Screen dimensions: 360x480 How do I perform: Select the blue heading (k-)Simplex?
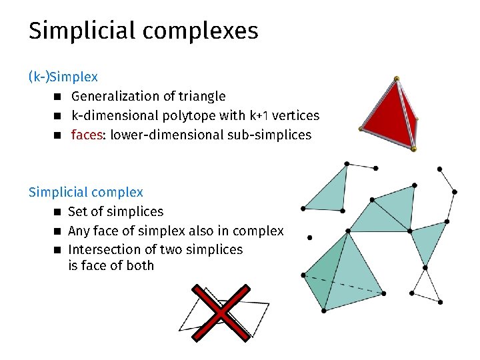tap(63, 77)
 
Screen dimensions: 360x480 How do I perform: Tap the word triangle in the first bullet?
tap(201, 97)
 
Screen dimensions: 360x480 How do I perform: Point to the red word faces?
tap(87, 135)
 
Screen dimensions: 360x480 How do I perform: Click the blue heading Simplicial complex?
tap(85, 192)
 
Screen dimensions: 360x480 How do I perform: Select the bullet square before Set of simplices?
tap(58, 212)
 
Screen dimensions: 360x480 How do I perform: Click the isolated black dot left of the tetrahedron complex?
tap(310, 237)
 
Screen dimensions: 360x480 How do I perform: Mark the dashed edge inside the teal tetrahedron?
tap(343, 284)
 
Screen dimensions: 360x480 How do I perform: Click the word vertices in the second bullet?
tap(293, 116)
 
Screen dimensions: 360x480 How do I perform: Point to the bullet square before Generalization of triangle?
tap(58, 97)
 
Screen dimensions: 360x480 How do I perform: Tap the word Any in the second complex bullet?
tap(79, 231)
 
